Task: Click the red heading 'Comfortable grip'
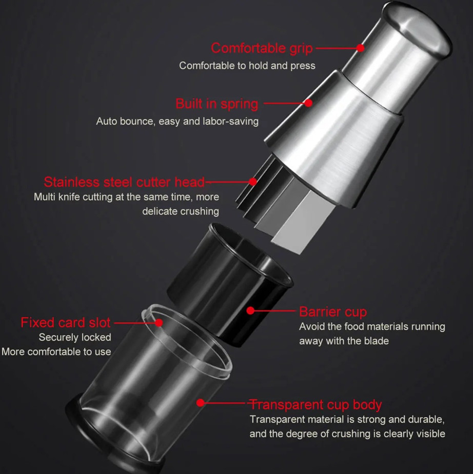tap(262, 48)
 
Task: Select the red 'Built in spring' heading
tap(216, 104)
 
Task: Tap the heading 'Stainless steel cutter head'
tap(124, 182)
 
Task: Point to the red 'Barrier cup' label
tap(333, 312)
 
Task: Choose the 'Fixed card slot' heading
tap(65, 323)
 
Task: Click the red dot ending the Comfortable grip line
tap(360, 48)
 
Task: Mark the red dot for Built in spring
tap(308, 103)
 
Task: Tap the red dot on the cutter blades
tap(253, 182)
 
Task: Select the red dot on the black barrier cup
tap(250, 310)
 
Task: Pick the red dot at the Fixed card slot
tap(159, 323)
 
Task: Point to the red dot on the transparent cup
tap(201, 403)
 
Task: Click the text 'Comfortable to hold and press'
tap(247, 66)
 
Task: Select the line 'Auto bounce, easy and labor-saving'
tap(178, 121)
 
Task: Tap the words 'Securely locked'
tap(75, 337)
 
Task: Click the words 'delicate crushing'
tap(181, 211)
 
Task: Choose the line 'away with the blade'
tap(344, 341)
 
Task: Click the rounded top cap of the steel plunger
tap(418, 29)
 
